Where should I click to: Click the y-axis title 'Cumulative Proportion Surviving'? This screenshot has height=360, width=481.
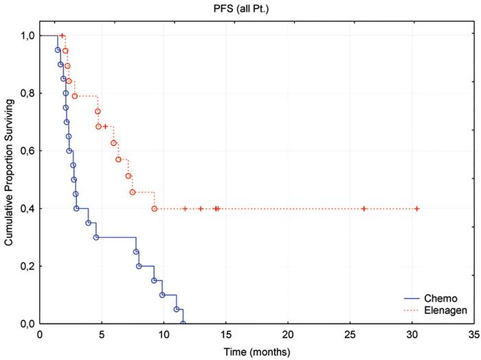[10, 179]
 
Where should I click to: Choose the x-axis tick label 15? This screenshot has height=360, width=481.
[225, 335]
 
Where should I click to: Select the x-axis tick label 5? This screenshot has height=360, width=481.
[102, 335]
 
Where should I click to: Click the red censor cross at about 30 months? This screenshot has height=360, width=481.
[417, 208]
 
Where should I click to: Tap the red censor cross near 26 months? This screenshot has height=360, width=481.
[364, 208]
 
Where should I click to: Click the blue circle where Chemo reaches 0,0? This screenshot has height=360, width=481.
[183, 324]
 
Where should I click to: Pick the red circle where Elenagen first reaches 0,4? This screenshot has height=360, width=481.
[155, 208]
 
